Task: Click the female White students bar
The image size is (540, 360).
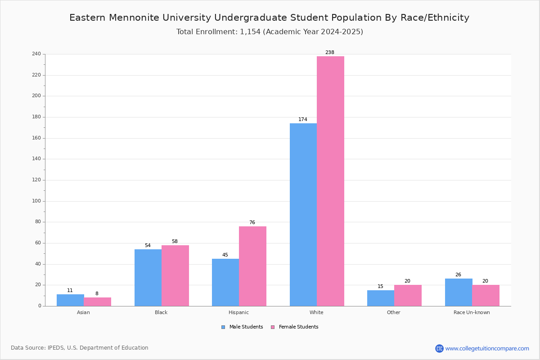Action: [x=330, y=181]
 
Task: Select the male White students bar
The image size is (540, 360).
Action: [x=303, y=215]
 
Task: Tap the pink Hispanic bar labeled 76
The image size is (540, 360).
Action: [x=252, y=266]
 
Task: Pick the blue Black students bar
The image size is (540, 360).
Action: [x=148, y=278]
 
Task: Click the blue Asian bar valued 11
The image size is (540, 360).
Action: [x=70, y=300]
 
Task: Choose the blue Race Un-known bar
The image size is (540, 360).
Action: [x=459, y=292]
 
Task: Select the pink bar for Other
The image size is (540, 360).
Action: [x=408, y=295]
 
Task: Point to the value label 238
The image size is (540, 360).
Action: [x=330, y=52]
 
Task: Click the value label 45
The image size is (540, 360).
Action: [x=225, y=255]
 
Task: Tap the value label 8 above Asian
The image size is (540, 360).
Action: [x=97, y=293]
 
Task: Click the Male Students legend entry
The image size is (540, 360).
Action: [x=242, y=327]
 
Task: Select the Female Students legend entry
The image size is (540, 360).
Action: [x=295, y=327]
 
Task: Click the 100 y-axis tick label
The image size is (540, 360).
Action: [x=36, y=201]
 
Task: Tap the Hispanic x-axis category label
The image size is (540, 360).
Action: [x=238, y=312]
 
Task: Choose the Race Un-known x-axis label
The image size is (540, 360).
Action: [x=472, y=312]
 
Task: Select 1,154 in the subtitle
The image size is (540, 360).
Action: [x=250, y=32]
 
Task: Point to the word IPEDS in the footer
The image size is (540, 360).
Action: [x=56, y=348]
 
